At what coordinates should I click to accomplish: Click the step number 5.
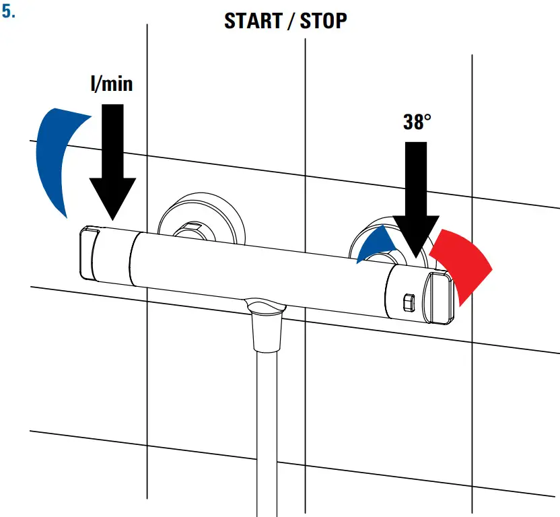click(x=8, y=12)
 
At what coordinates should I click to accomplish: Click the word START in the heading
click(x=253, y=21)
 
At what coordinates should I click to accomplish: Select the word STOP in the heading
click(x=323, y=21)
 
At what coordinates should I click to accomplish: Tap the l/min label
click(x=112, y=83)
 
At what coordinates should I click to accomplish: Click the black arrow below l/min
click(x=112, y=162)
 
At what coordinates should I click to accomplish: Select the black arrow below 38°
click(x=416, y=200)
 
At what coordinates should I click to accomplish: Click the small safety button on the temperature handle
click(x=409, y=303)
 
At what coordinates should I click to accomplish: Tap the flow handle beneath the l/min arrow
click(x=107, y=254)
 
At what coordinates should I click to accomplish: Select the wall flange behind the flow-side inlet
click(x=202, y=218)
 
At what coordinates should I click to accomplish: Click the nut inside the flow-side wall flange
click(x=194, y=231)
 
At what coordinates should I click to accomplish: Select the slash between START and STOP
click(x=291, y=21)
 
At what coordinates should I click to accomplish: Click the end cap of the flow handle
click(x=88, y=253)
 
